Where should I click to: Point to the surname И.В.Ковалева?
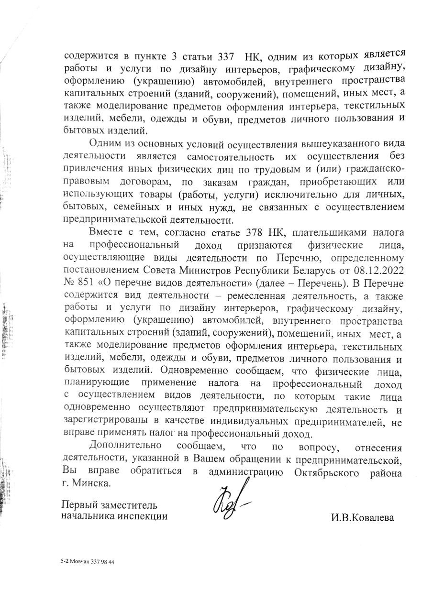click(362, 518)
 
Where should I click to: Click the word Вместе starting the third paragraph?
click(105, 233)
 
